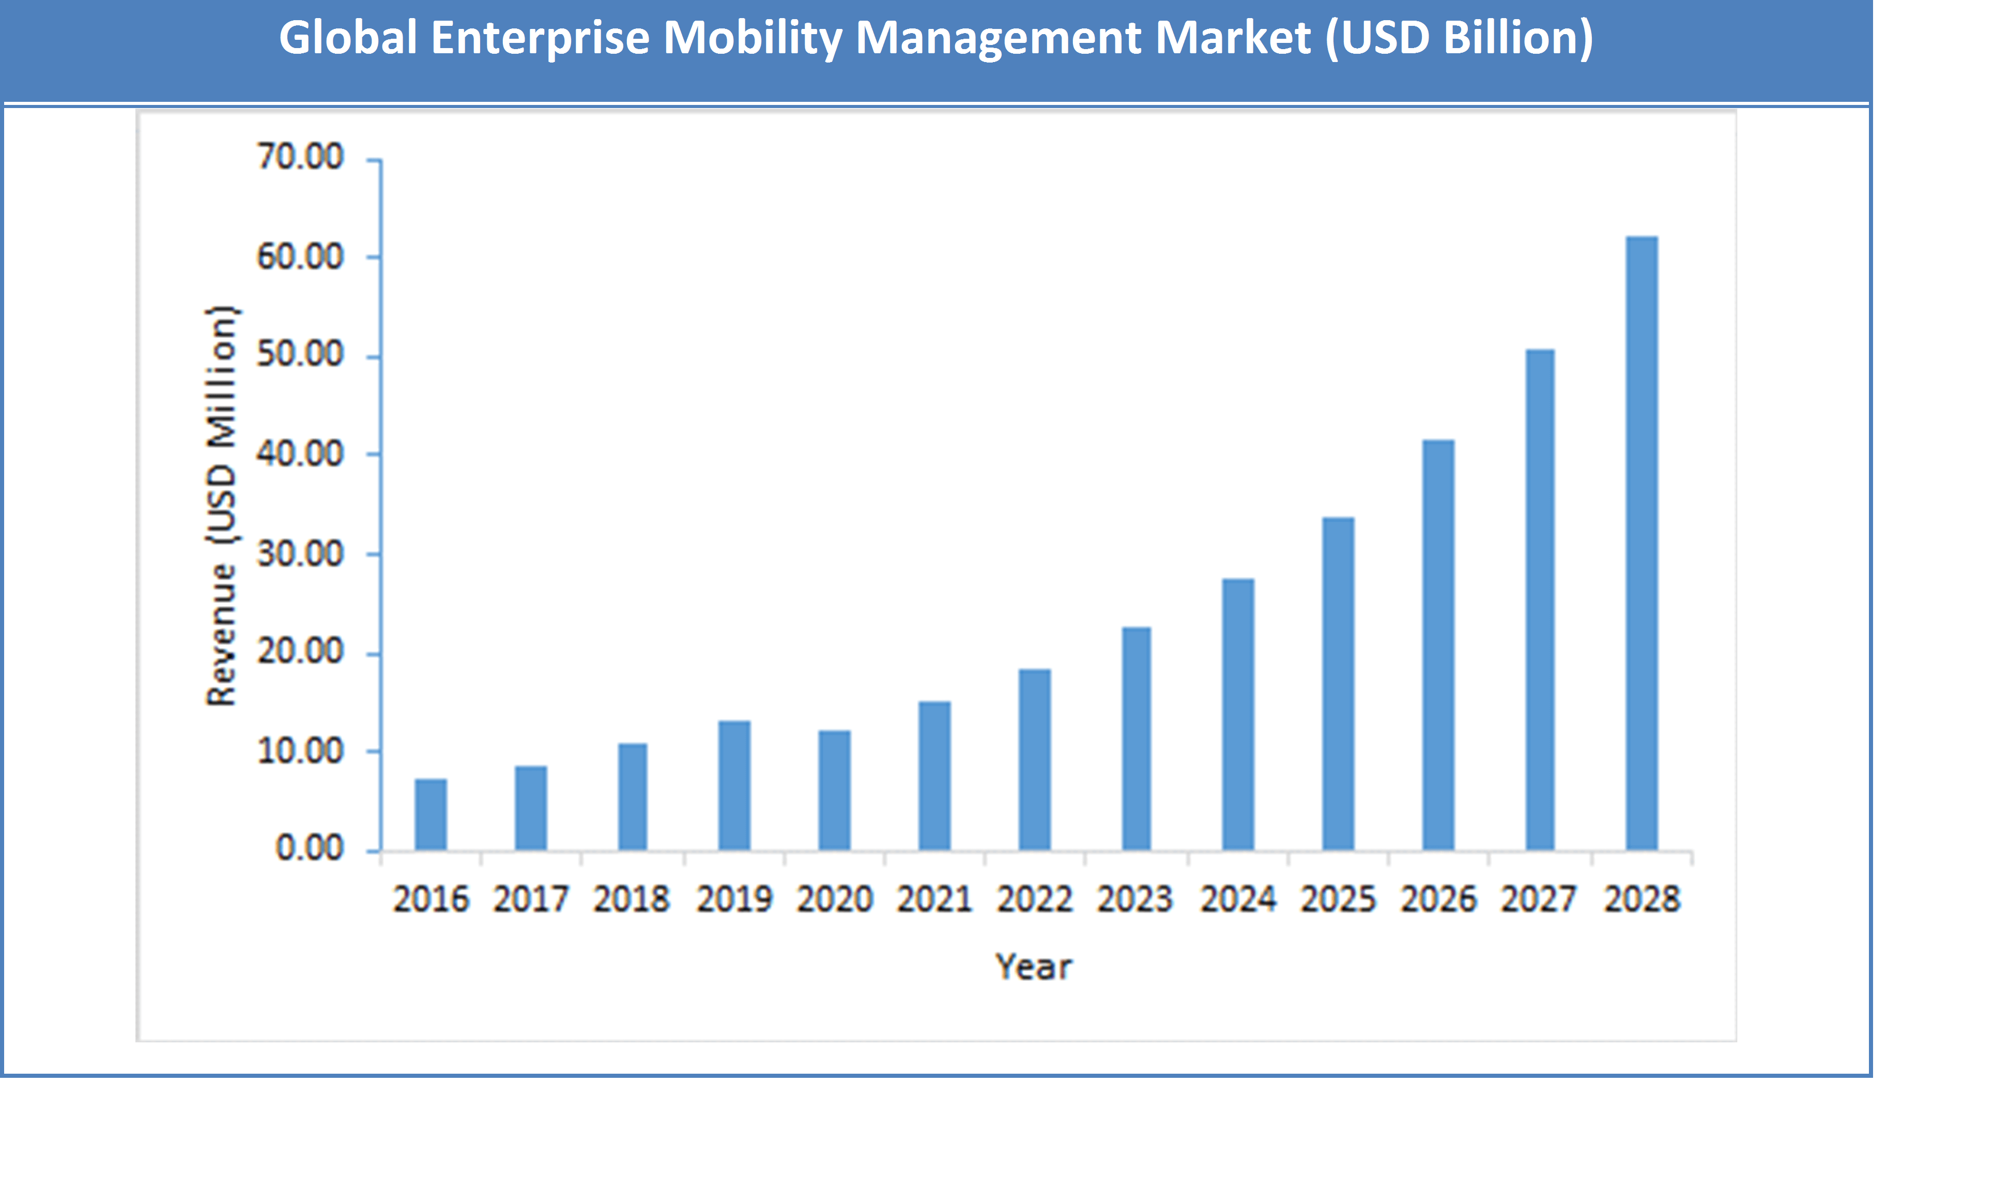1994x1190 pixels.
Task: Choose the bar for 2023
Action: tap(1136, 739)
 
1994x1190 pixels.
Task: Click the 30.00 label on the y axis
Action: tap(299, 554)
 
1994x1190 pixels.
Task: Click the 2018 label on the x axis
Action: tap(631, 899)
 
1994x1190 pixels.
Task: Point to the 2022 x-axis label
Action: tap(1034, 899)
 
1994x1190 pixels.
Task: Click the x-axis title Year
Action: tap(1034, 967)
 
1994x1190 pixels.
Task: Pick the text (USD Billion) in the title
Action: tap(1459, 38)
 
